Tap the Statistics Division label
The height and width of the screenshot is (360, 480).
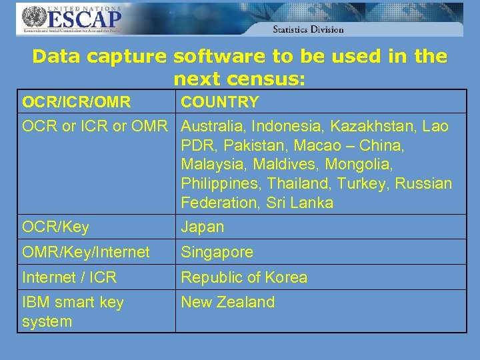308,29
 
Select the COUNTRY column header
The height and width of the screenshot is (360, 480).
220,102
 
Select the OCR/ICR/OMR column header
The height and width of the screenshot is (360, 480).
76,102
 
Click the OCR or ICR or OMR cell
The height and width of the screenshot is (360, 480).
95,126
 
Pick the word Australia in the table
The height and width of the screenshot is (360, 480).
213,126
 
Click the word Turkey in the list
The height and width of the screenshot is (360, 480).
367,183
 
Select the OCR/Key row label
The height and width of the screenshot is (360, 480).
55,227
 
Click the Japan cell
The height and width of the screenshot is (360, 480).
203,227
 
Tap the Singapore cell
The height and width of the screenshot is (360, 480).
217,253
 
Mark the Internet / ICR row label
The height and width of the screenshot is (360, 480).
69,277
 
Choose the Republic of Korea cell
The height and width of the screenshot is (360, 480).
244,277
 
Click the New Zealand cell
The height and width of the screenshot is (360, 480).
228,303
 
